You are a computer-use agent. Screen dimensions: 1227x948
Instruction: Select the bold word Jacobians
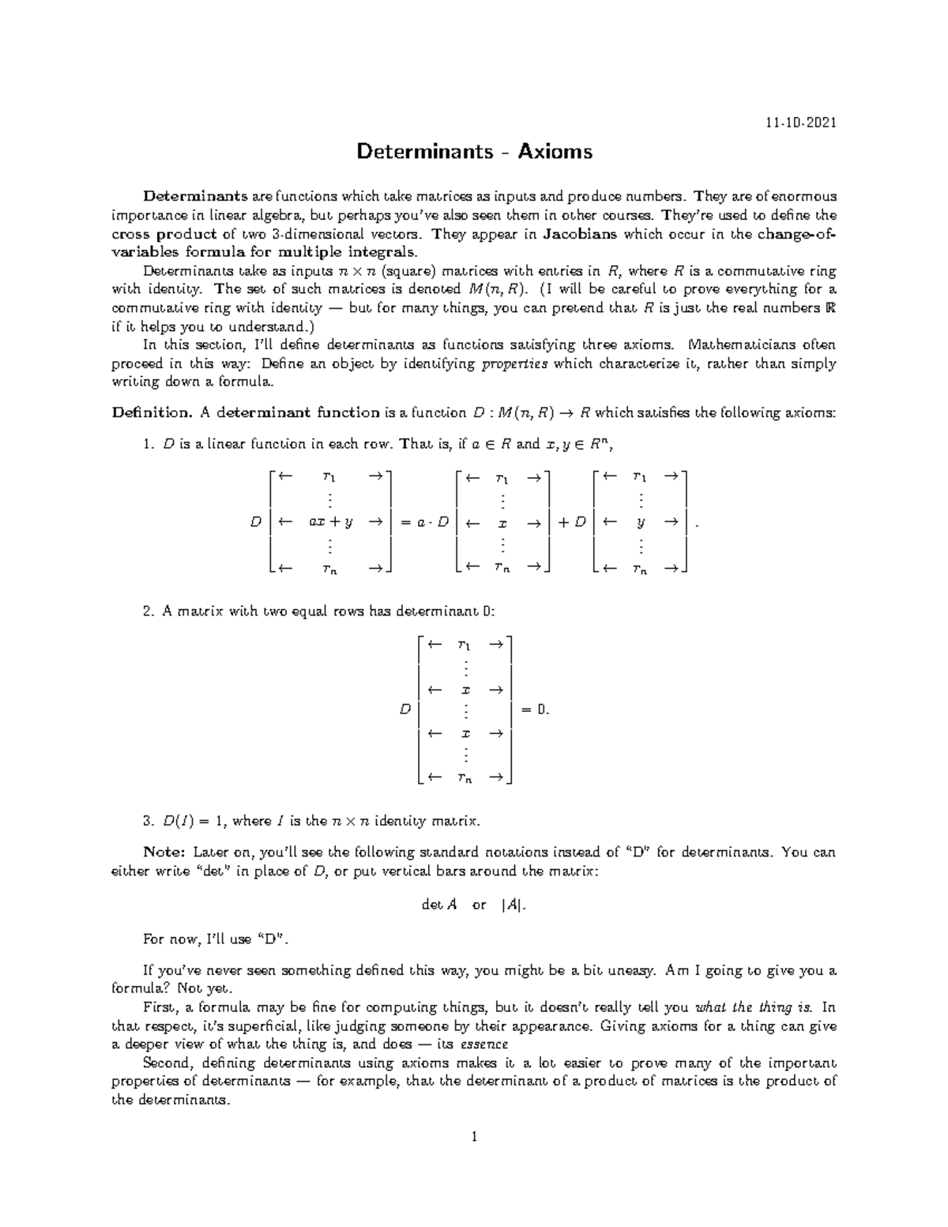tap(581, 234)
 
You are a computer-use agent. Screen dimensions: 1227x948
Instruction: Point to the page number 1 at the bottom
tap(474, 1137)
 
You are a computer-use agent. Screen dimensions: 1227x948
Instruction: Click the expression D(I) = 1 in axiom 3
tap(194, 821)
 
